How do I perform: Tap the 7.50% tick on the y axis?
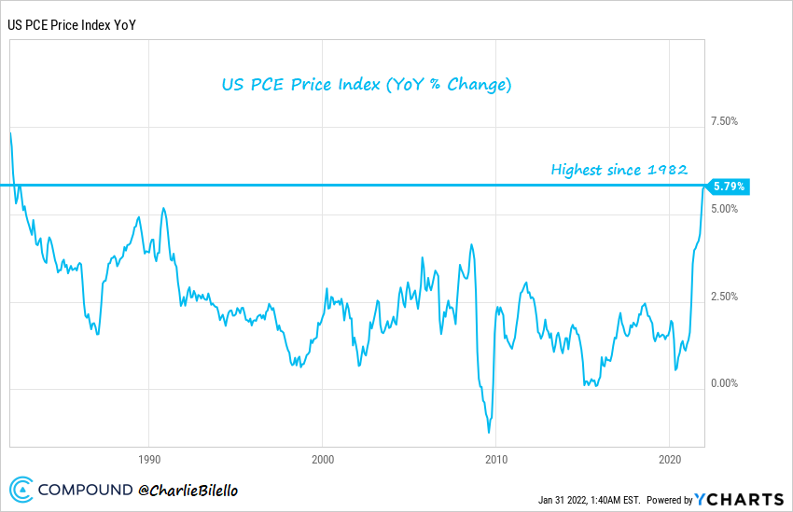click(724, 121)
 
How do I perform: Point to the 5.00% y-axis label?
click(724, 209)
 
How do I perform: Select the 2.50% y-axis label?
click(724, 297)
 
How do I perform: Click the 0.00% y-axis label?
click(724, 383)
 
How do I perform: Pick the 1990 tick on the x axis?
click(148, 460)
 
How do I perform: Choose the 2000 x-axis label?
click(322, 460)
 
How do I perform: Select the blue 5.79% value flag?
click(729, 187)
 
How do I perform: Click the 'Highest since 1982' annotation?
click(619, 170)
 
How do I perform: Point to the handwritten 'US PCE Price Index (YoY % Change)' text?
click(366, 85)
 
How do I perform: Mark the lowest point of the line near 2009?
click(489, 432)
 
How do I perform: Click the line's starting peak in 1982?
click(11, 133)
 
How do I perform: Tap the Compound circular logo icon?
click(22, 490)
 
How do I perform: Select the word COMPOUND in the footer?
click(85, 490)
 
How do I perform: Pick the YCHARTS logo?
click(741, 499)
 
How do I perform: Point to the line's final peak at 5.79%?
click(704, 187)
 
